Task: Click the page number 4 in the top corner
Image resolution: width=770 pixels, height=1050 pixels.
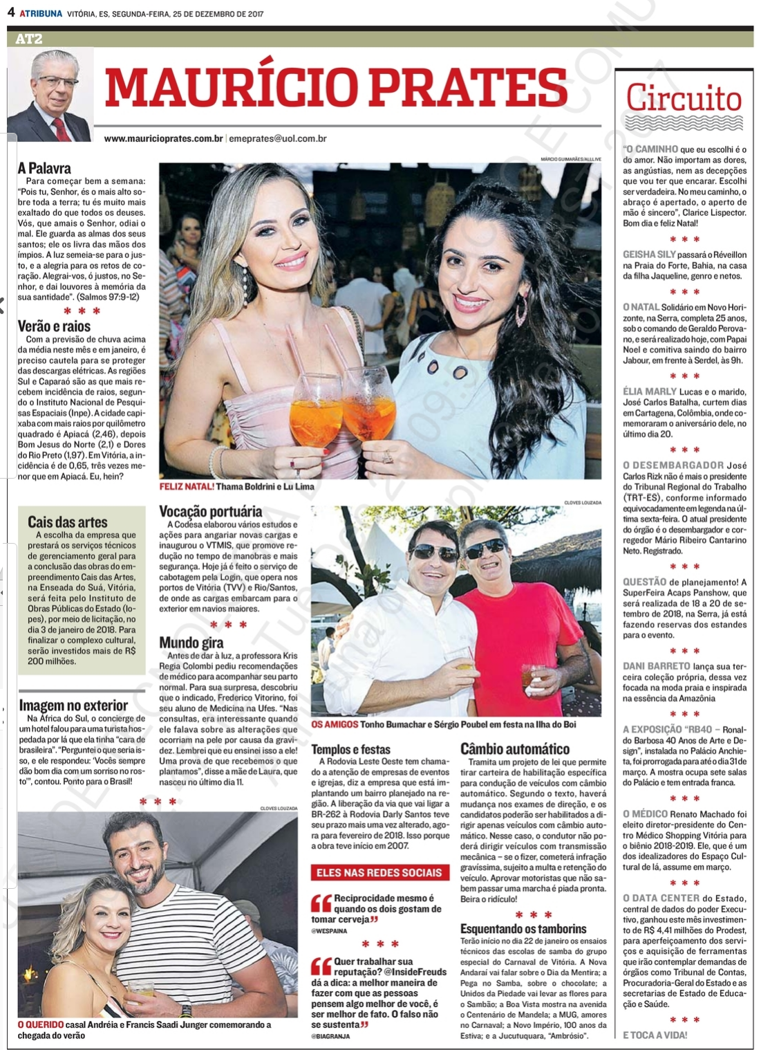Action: click(10, 12)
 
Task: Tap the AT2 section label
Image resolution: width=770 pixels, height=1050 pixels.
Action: click(28, 39)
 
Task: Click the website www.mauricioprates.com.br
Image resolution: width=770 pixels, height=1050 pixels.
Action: click(163, 138)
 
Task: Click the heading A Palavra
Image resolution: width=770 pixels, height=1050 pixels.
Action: click(44, 168)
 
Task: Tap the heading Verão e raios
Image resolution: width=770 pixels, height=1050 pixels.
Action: click(54, 326)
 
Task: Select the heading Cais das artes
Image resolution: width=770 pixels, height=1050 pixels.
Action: click(68, 522)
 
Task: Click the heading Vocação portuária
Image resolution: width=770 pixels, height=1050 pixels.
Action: click(210, 512)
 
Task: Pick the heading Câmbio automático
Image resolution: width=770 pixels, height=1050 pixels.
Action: click(514, 748)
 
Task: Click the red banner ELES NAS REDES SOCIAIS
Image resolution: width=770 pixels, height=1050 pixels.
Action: click(379, 873)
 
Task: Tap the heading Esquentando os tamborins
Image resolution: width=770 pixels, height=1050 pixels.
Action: click(523, 929)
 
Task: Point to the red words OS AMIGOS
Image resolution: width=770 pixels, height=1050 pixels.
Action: click(335, 724)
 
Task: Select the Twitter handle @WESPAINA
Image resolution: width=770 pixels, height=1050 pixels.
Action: click(329, 931)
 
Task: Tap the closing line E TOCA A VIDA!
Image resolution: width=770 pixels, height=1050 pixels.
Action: click(655, 1035)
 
